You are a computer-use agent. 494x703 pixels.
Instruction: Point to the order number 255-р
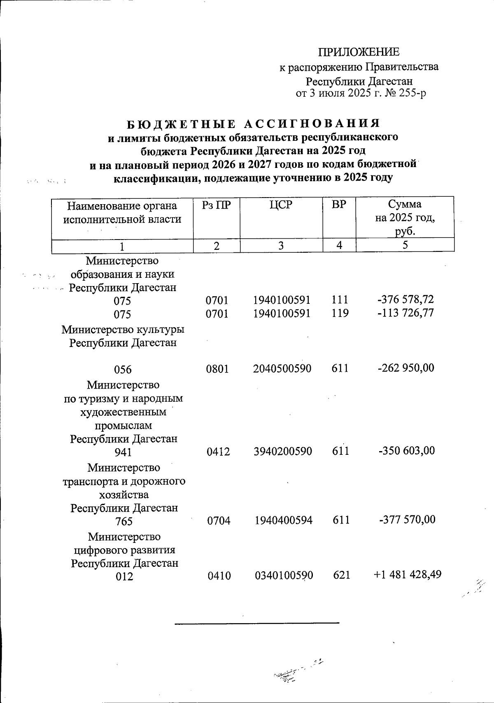[x=412, y=93]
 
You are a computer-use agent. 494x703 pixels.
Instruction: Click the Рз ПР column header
[x=217, y=205]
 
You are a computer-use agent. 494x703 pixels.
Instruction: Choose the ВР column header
[x=339, y=205]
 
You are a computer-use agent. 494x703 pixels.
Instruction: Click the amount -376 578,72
[x=405, y=300]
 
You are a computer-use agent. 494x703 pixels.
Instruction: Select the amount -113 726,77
[x=405, y=313]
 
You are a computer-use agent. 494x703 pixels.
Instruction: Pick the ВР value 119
[x=340, y=313]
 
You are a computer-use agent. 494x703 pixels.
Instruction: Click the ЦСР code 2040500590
[x=282, y=368]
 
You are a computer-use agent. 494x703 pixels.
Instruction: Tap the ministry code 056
[x=123, y=369]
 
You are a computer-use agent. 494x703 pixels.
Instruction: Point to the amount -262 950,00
[x=405, y=368]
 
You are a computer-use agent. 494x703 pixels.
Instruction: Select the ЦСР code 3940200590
[x=283, y=451]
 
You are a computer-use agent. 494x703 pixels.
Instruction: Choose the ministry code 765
[x=124, y=521]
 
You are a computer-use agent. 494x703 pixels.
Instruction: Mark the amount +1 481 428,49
[x=408, y=574]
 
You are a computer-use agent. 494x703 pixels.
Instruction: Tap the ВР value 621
[x=341, y=575]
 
